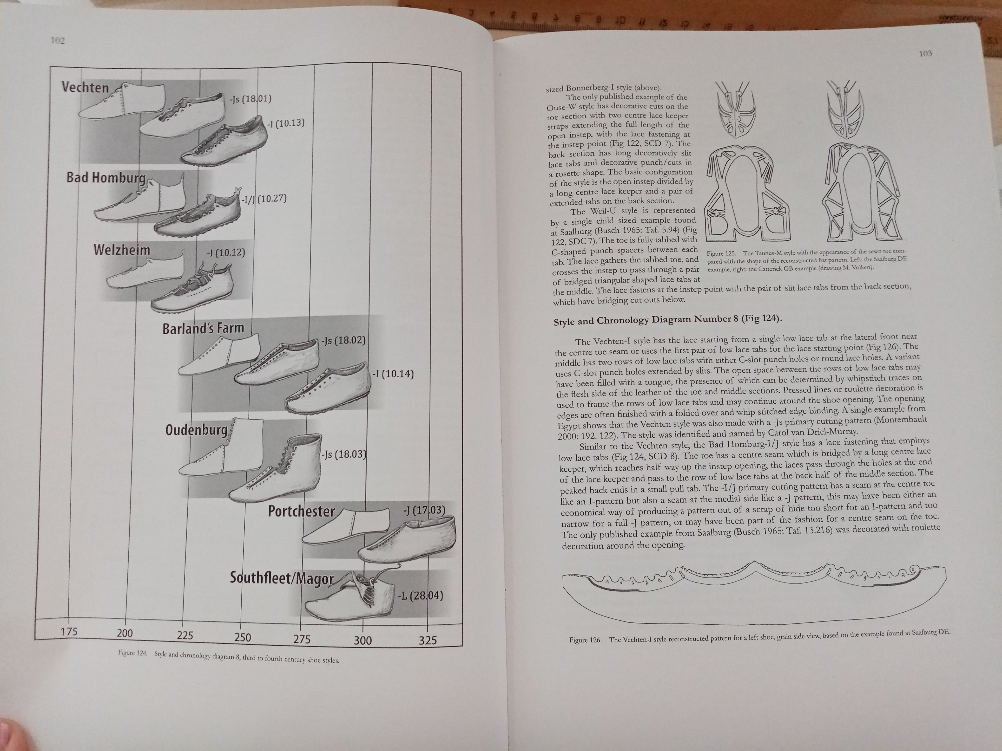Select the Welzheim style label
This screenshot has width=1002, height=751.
pos(121,250)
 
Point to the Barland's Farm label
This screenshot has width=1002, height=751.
pos(203,328)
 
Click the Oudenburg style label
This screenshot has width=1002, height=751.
pos(197,429)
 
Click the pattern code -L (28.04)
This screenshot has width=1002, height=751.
pos(420,595)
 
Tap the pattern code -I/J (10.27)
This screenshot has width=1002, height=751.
pos(264,199)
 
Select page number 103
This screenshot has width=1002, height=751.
pos(925,53)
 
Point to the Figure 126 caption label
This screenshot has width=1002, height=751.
pos(585,640)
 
